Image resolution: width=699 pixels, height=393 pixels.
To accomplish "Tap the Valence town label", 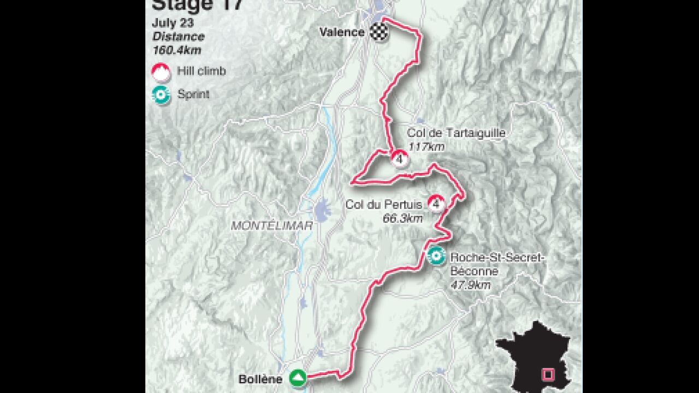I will pyautogui.click(x=342, y=32).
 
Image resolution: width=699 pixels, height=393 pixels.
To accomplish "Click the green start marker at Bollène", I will pyautogui.click(x=298, y=378).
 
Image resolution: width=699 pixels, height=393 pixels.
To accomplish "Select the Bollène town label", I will pyautogui.click(x=260, y=379).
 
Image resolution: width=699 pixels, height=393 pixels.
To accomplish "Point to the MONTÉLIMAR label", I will pyautogui.click(x=271, y=225).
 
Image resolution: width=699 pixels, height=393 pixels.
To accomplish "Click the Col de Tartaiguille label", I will pyautogui.click(x=456, y=133).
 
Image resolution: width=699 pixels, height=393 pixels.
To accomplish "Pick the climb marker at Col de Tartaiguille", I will pyautogui.click(x=400, y=159).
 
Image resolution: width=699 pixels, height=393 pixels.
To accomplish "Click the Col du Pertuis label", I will pyautogui.click(x=384, y=205).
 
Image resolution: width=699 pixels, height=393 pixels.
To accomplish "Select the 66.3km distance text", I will pyautogui.click(x=403, y=218).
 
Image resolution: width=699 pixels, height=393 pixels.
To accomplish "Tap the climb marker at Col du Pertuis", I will pyautogui.click(x=436, y=204).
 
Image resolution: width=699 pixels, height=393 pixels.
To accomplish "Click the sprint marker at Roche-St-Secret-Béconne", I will pyautogui.click(x=435, y=255).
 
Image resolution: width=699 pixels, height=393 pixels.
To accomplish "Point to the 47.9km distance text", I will pyautogui.click(x=470, y=285).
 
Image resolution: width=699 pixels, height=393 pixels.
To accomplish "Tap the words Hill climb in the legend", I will pyautogui.click(x=202, y=71).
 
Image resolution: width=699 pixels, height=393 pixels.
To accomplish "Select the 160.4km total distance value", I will pyautogui.click(x=177, y=50).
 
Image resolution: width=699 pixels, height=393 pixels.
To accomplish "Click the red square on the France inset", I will pyautogui.click(x=547, y=374).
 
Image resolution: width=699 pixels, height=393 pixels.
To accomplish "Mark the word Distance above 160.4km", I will pyautogui.click(x=179, y=37).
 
